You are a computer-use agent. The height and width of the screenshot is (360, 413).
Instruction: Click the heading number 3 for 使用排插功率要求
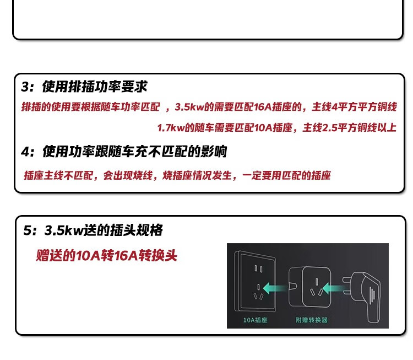[x=25, y=87]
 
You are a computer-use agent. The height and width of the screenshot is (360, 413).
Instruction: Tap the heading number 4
[x=25, y=152]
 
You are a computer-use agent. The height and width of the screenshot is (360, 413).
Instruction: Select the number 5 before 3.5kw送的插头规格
[x=28, y=230]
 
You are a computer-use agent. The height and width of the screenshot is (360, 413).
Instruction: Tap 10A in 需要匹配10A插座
[x=264, y=128]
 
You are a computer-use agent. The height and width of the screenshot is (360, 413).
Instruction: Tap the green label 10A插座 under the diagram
[x=255, y=320]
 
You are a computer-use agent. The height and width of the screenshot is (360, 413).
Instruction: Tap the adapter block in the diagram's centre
[x=309, y=288]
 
